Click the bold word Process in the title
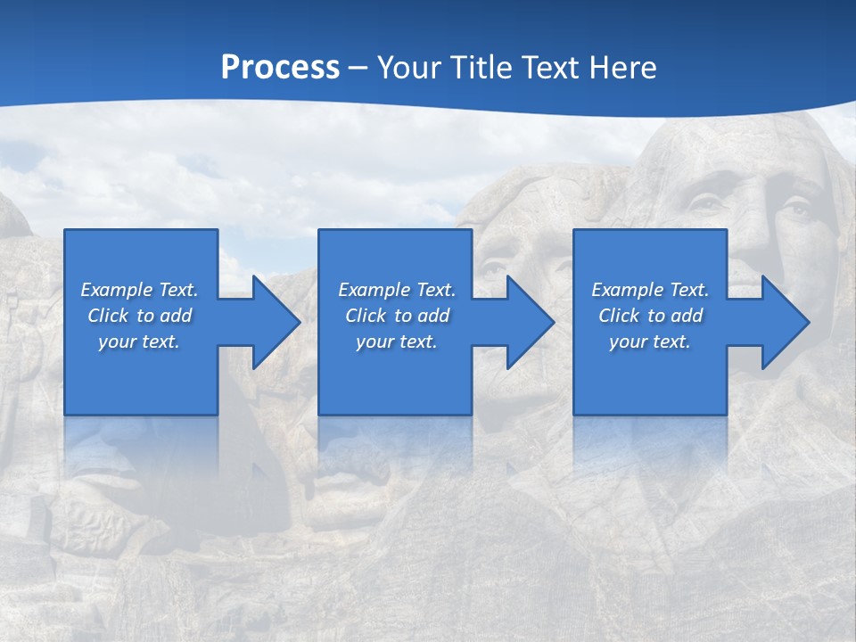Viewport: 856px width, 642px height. pos(280,68)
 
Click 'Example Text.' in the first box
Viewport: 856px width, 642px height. pos(139,290)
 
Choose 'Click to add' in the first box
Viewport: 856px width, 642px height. pos(139,316)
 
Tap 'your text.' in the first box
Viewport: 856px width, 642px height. pos(139,342)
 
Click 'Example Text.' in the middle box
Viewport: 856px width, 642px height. pos(396,290)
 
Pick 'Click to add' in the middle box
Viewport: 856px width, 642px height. pos(396,316)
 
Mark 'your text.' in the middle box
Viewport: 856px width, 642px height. pos(396,342)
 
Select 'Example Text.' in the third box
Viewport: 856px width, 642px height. pos(650,290)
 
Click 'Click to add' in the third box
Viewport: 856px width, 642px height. pos(650,316)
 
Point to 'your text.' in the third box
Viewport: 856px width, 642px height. pos(650,342)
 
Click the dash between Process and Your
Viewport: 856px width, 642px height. pos(358,68)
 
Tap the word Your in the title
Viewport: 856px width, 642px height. pos(407,68)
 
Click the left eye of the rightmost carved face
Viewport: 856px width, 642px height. pos(709,203)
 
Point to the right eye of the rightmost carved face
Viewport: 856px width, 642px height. pos(795,211)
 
